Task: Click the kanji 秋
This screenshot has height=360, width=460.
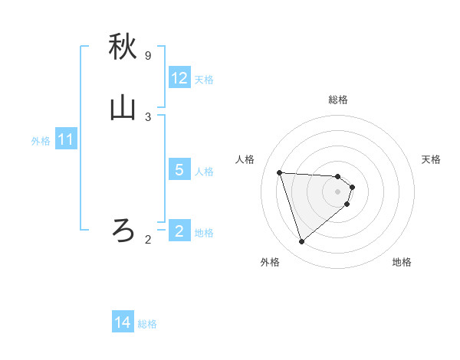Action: tap(123, 47)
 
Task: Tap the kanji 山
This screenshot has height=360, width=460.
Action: tap(123, 109)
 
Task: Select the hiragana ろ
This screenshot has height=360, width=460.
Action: tap(123, 229)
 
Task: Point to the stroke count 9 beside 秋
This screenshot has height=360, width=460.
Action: tap(148, 56)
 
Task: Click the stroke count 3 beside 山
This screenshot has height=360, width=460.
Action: tap(148, 117)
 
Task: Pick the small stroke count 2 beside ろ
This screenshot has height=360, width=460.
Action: tap(148, 240)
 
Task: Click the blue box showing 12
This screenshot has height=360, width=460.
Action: tap(179, 78)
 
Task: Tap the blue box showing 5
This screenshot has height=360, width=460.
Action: tap(179, 170)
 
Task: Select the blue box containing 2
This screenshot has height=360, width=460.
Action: tap(179, 231)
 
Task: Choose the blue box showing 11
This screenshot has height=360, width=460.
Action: tap(66, 140)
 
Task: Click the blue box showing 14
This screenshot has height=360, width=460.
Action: tap(123, 323)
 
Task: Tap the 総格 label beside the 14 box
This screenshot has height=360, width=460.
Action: tap(147, 324)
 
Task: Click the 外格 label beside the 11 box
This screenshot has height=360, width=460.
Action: tap(41, 141)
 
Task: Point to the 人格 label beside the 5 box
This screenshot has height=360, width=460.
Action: tap(205, 171)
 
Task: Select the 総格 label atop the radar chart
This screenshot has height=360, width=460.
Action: tap(338, 100)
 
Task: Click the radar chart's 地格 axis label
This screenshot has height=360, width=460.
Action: tap(402, 262)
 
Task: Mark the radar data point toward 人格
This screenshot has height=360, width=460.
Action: tap(280, 172)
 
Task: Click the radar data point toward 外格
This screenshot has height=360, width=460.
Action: tap(301, 242)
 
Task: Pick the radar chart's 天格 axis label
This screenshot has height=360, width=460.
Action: tap(431, 159)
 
